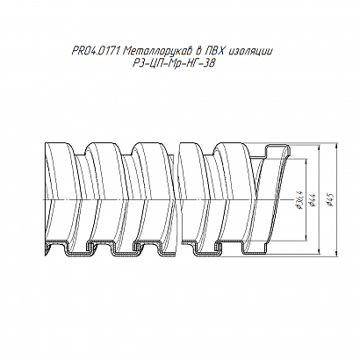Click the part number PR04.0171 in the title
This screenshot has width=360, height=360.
(x=96, y=52)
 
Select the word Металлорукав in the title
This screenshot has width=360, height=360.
(x=158, y=52)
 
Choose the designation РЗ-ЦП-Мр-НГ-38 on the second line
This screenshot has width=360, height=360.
(x=174, y=63)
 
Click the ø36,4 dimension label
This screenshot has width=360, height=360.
(x=299, y=199)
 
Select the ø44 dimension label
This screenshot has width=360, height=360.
(x=313, y=199)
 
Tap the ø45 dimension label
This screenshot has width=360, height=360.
(x=332, y=199)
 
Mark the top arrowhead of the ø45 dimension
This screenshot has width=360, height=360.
(x=337, y=145)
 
